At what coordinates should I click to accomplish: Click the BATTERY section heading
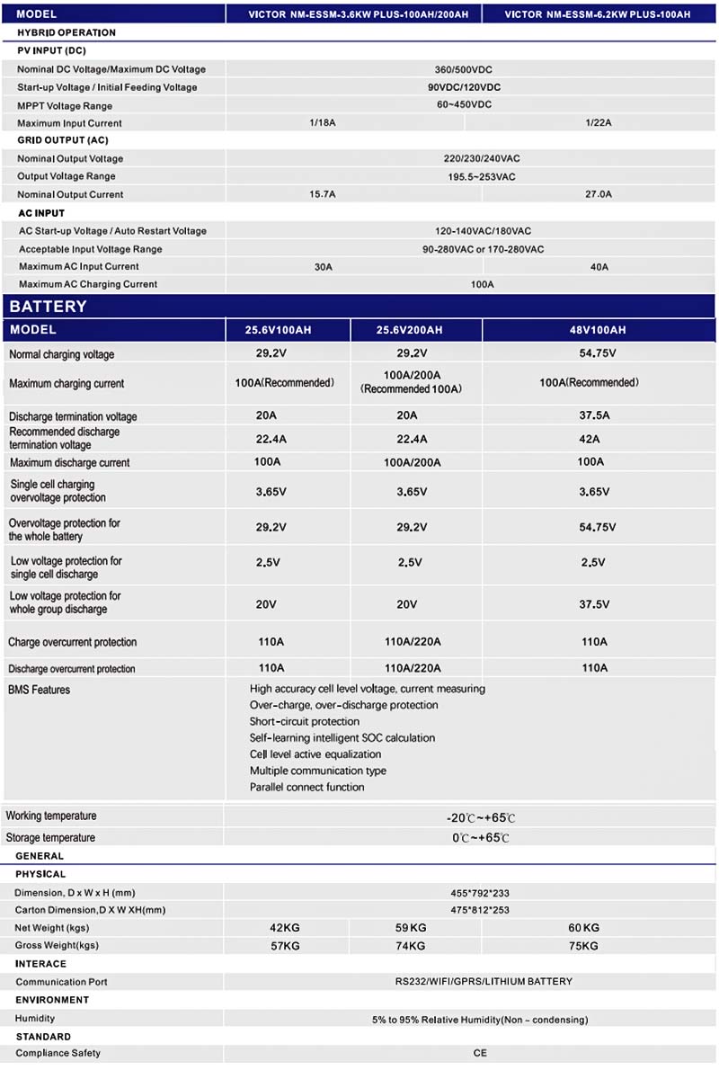point(49,306)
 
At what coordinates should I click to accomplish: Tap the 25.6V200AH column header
point(409,330)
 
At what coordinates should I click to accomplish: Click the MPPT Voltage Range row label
point(66,105)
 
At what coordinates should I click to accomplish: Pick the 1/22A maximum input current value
point(598,123)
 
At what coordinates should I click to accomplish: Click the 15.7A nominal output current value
point(322,194)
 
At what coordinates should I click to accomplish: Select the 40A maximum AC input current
point(599,267)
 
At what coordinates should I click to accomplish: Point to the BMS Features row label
point(39,690)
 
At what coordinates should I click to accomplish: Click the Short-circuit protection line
point(305,721)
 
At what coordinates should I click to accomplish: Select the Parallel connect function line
point(307,787)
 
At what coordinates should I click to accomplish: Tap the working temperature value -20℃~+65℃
point(481,818)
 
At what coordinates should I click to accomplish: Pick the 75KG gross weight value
point(584,946)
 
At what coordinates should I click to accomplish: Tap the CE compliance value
point(480,1053)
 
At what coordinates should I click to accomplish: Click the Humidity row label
point(35,1018)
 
